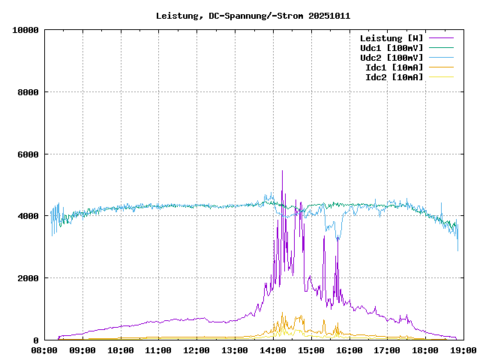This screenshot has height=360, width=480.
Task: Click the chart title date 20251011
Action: [329, 16]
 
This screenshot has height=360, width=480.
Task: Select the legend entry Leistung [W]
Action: [391, 38]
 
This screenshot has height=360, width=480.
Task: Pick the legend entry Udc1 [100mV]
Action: [391, 48]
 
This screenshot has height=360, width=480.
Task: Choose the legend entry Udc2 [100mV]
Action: [391, 58]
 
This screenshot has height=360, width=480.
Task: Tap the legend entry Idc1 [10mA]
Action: [394, 67]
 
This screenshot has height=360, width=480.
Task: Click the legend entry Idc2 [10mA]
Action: [394, 77]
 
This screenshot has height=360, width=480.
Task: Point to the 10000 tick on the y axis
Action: [26, 30]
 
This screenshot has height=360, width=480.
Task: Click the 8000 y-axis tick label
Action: [28, 92]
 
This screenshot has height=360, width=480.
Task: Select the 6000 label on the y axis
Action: [28, 154]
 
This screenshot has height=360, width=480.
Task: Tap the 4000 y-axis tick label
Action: [28, 216]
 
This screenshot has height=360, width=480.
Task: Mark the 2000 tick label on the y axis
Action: [28, 278]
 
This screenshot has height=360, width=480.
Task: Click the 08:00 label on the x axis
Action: [44, 350]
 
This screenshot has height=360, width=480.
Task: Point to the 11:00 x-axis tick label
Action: [159, 350]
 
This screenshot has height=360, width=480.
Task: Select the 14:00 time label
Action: [274, 350]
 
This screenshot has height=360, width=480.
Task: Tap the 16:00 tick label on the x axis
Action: [350, 350]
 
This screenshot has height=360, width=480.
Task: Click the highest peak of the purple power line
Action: [282, 171]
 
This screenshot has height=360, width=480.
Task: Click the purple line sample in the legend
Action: [442, 38]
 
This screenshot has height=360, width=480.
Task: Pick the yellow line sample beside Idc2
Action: [442, 77]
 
